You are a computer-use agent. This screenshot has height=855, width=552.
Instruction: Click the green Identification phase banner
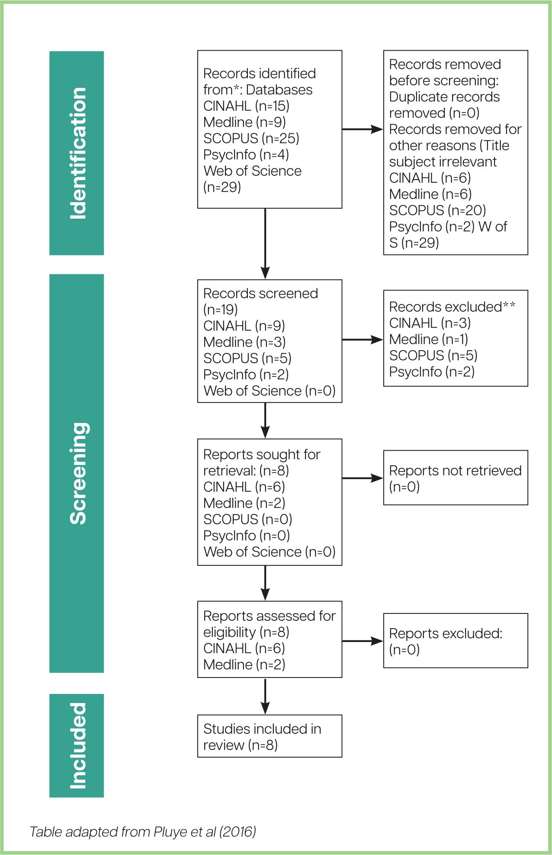coord(77,153)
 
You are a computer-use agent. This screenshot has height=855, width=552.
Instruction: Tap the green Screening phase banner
coord(77,473)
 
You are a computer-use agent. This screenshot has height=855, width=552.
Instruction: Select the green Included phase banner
coord(77,745)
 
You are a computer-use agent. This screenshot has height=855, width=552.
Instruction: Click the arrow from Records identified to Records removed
coord(363,129)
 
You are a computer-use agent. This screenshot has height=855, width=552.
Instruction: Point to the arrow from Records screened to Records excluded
coord(363,340)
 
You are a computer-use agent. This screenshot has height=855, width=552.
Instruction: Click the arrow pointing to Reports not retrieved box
coord(363,478)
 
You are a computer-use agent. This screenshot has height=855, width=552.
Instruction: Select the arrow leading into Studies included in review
coord(265,696)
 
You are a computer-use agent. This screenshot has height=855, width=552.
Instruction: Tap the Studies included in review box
coord(270,736)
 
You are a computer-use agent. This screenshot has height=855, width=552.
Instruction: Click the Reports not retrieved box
coord(456,478)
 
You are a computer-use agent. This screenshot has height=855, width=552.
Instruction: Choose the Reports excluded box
coord(456,641)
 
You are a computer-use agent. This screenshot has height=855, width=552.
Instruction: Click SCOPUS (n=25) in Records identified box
coord(251,139)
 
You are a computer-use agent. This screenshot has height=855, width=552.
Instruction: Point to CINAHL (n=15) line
coord(246,106)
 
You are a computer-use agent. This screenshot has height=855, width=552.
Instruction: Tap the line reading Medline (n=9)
coord(244,122)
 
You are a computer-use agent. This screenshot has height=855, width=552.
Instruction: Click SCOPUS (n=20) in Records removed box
coord(437,210)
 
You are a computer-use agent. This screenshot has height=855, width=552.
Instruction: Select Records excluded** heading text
coord(452,307)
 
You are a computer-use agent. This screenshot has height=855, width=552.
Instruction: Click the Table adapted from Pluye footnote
coord(143,832)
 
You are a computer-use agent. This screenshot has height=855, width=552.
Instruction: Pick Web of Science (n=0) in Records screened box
coord(270,391)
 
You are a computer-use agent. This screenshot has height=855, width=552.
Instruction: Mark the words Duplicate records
coord(444,97)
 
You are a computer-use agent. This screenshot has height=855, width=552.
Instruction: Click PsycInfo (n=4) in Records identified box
coord(246,155)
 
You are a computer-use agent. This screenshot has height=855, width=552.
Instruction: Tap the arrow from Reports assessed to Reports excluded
coord(363,641)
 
